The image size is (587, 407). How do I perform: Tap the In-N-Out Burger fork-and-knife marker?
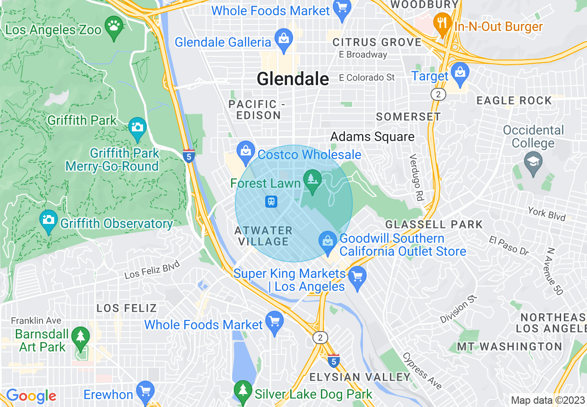click(x=443, y=22)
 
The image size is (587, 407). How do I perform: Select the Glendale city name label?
click(x=293, y=79)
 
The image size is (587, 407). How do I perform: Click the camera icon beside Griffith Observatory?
click(x=48, y=219)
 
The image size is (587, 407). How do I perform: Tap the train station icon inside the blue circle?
click(x=271, y=202)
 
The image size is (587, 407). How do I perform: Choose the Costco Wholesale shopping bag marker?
click(x=244, y=150)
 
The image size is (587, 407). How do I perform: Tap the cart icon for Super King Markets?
click(x=357, y=277)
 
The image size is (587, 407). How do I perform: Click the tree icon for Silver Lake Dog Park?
click(x=243, y=390)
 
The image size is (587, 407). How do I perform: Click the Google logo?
click(x=31, y=396)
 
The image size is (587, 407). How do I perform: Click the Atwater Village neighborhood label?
click(x=263, y=236)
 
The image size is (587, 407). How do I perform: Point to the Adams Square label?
click(x=372, y=137)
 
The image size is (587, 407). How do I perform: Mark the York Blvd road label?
click(x=547, y=213)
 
